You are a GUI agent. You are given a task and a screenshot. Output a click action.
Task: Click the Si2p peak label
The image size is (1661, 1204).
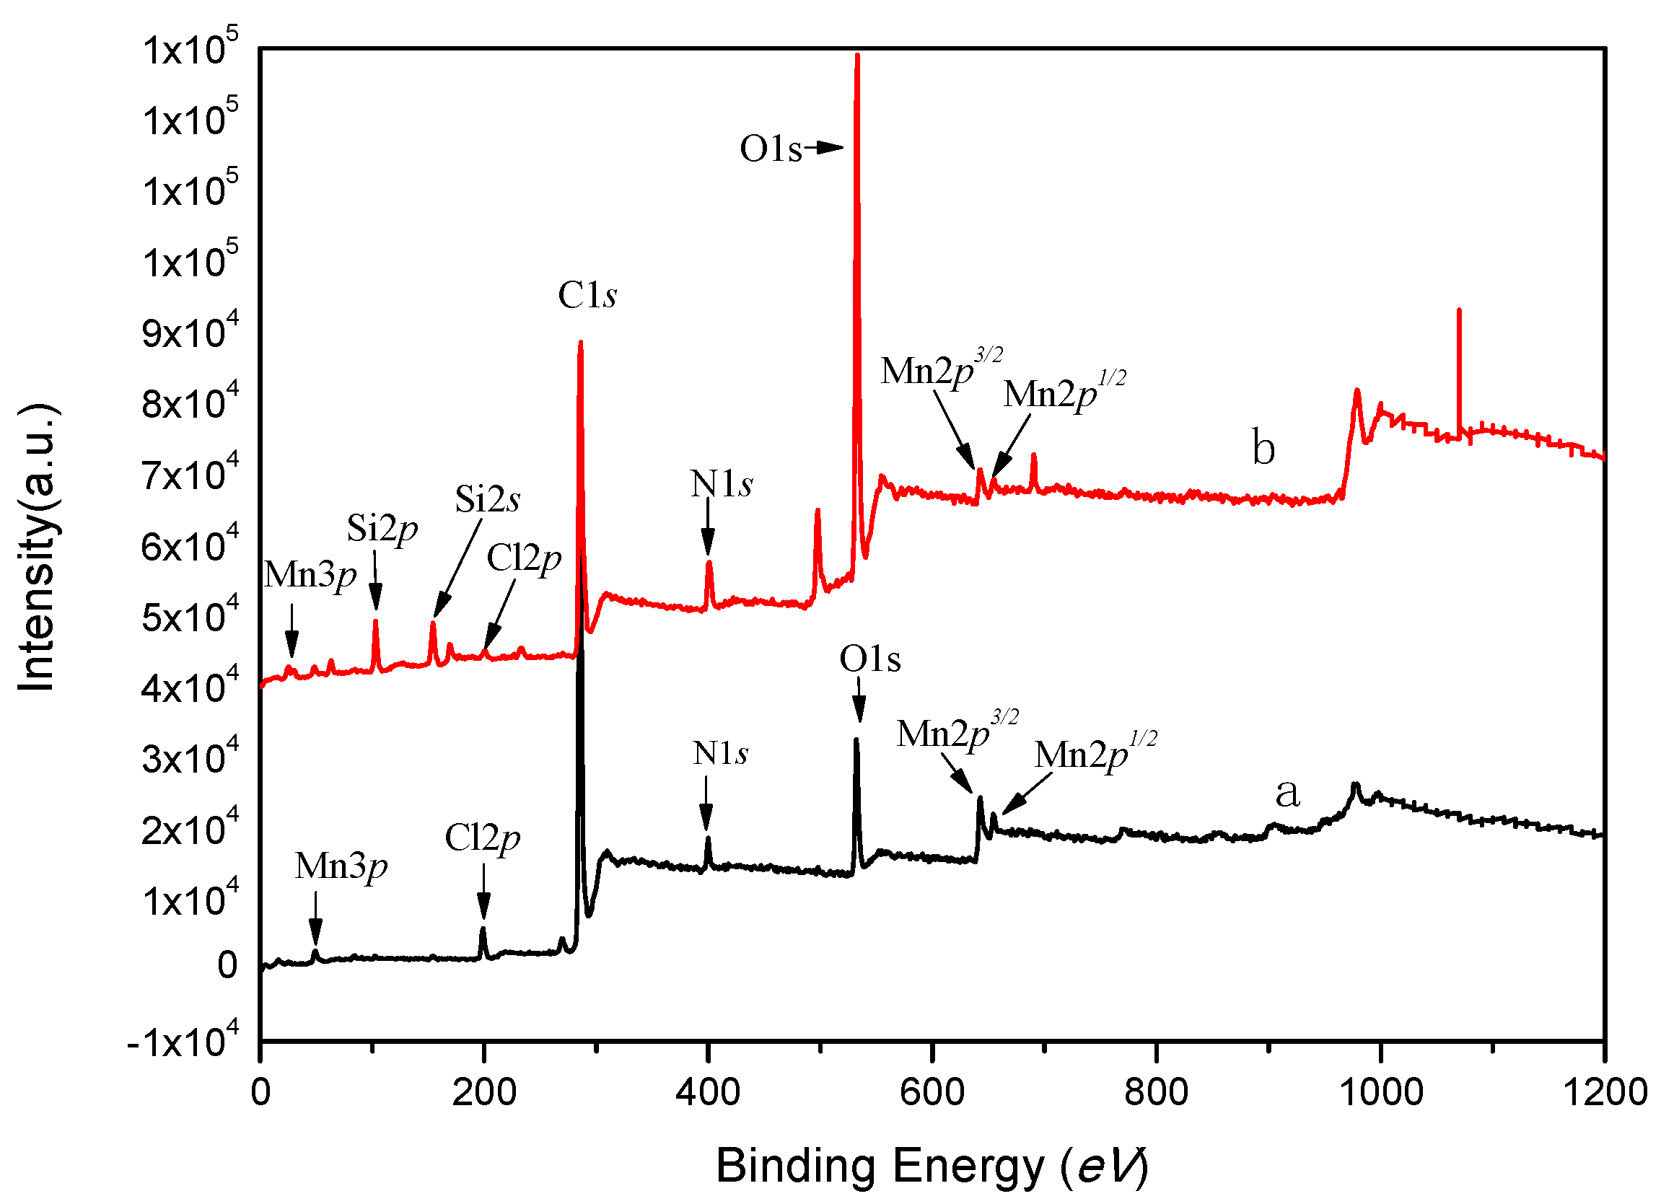coord(382,528)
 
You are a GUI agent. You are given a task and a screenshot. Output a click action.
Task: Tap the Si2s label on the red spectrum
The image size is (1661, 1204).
coord(487,499)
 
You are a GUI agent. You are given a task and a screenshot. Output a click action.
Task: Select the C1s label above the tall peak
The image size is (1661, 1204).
coord(587,295)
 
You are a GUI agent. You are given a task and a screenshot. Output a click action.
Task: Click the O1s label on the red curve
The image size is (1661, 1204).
coord(771,149)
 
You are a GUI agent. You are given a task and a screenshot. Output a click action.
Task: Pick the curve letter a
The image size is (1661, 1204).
coord(1287,792)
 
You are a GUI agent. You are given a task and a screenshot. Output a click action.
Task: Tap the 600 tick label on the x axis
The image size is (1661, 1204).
coord(932,1093)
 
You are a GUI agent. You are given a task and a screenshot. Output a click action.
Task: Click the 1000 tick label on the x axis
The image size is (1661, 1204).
coord(1380,1093)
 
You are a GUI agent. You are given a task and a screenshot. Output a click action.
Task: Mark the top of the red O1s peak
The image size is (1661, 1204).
coord(857,56)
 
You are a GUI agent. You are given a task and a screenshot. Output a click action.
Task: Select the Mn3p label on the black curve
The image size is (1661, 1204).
coord(341,866)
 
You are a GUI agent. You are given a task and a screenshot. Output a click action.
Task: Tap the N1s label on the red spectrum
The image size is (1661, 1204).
coord(721,483)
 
